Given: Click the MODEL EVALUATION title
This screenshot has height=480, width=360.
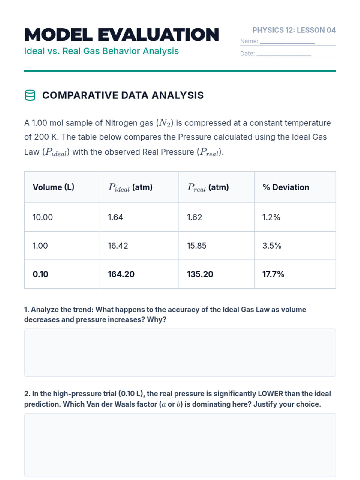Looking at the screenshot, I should point(121,35).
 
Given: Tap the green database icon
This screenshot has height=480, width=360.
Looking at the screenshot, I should point(30,95).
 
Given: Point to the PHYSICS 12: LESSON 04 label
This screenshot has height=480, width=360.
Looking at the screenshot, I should point(294,30).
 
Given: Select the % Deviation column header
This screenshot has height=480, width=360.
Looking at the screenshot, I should point(286,187).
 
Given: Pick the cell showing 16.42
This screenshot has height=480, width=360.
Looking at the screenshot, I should point(118,246).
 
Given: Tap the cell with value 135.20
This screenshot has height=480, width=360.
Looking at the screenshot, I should point(200,274).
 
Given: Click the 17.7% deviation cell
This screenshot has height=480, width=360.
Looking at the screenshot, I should point(273,274).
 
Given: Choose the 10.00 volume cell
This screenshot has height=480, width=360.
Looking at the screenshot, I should point(43,217).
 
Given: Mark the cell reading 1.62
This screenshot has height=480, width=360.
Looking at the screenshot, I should point(194,217).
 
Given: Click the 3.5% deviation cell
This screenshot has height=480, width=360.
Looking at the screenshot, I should point(272,246).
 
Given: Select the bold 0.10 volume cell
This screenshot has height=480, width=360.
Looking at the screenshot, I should point(40,274).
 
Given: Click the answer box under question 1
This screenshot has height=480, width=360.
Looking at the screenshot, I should point(180,352).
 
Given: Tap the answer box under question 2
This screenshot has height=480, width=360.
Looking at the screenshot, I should point(180,445).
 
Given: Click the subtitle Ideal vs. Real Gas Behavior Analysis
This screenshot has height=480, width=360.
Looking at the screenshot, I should point(101,51).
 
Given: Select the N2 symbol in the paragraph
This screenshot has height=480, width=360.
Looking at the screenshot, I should point(165,123).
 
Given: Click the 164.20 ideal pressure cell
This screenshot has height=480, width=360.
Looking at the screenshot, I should point(121,274).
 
